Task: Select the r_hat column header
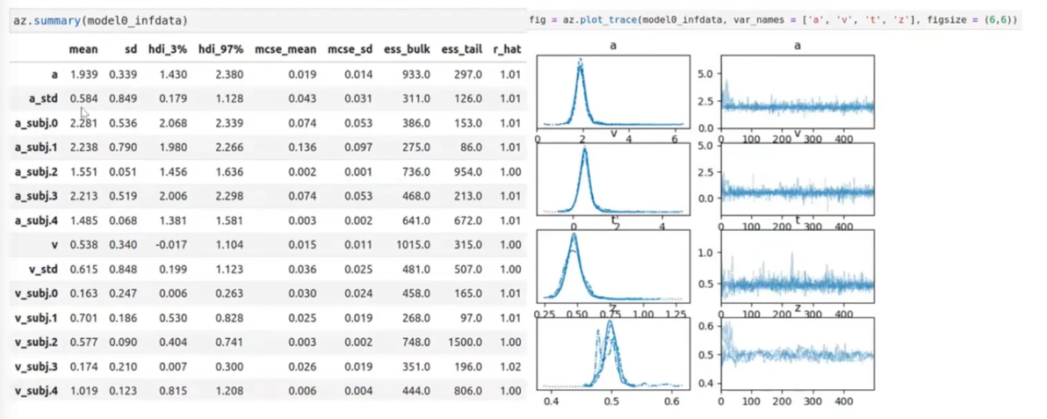coord(507,49)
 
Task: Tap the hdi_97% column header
coord(220,49)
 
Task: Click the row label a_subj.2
coord(36,172)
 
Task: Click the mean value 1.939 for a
coord(83,75)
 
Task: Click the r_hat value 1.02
coord(508,365)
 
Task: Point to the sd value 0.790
coord(122,148)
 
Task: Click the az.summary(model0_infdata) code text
coord(98,19)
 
